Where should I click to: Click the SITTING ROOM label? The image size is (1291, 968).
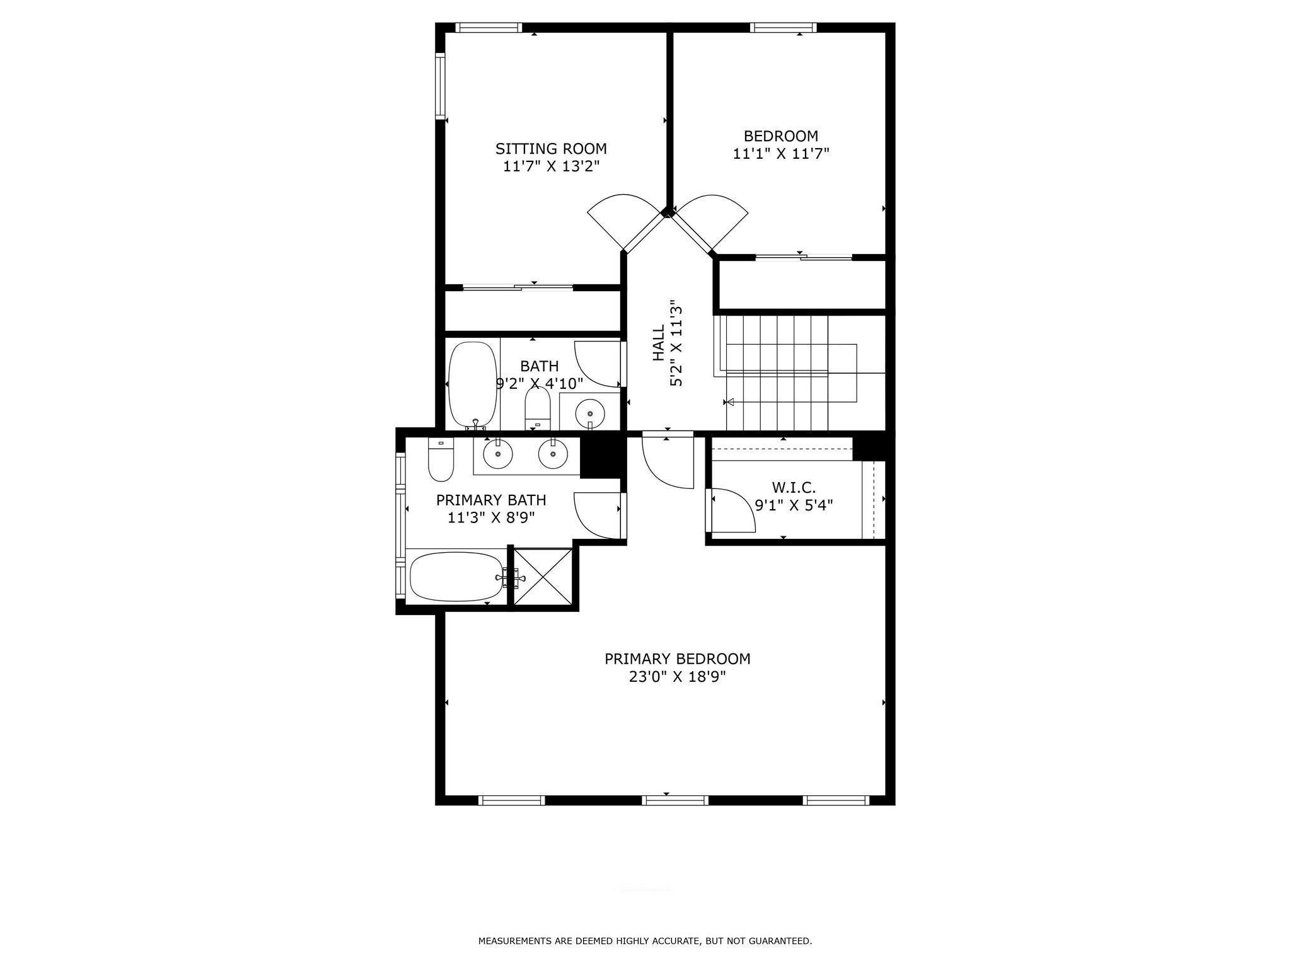pos(551,149)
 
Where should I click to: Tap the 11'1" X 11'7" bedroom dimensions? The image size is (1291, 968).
pos(780,153)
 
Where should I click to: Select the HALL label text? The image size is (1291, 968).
pos(658,343)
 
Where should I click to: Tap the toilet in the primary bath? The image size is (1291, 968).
pos(441,459)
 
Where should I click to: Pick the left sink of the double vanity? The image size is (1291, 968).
pos(498,454)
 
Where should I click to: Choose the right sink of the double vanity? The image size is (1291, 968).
pos(553,454)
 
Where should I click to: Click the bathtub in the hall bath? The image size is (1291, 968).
pos(472,385)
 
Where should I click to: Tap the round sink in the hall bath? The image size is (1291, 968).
pos(590,413)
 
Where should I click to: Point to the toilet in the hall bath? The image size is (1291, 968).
pos(538,408)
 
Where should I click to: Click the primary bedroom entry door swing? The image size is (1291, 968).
pos(668,460)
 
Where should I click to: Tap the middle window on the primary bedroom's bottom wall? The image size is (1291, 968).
pos(675,800)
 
